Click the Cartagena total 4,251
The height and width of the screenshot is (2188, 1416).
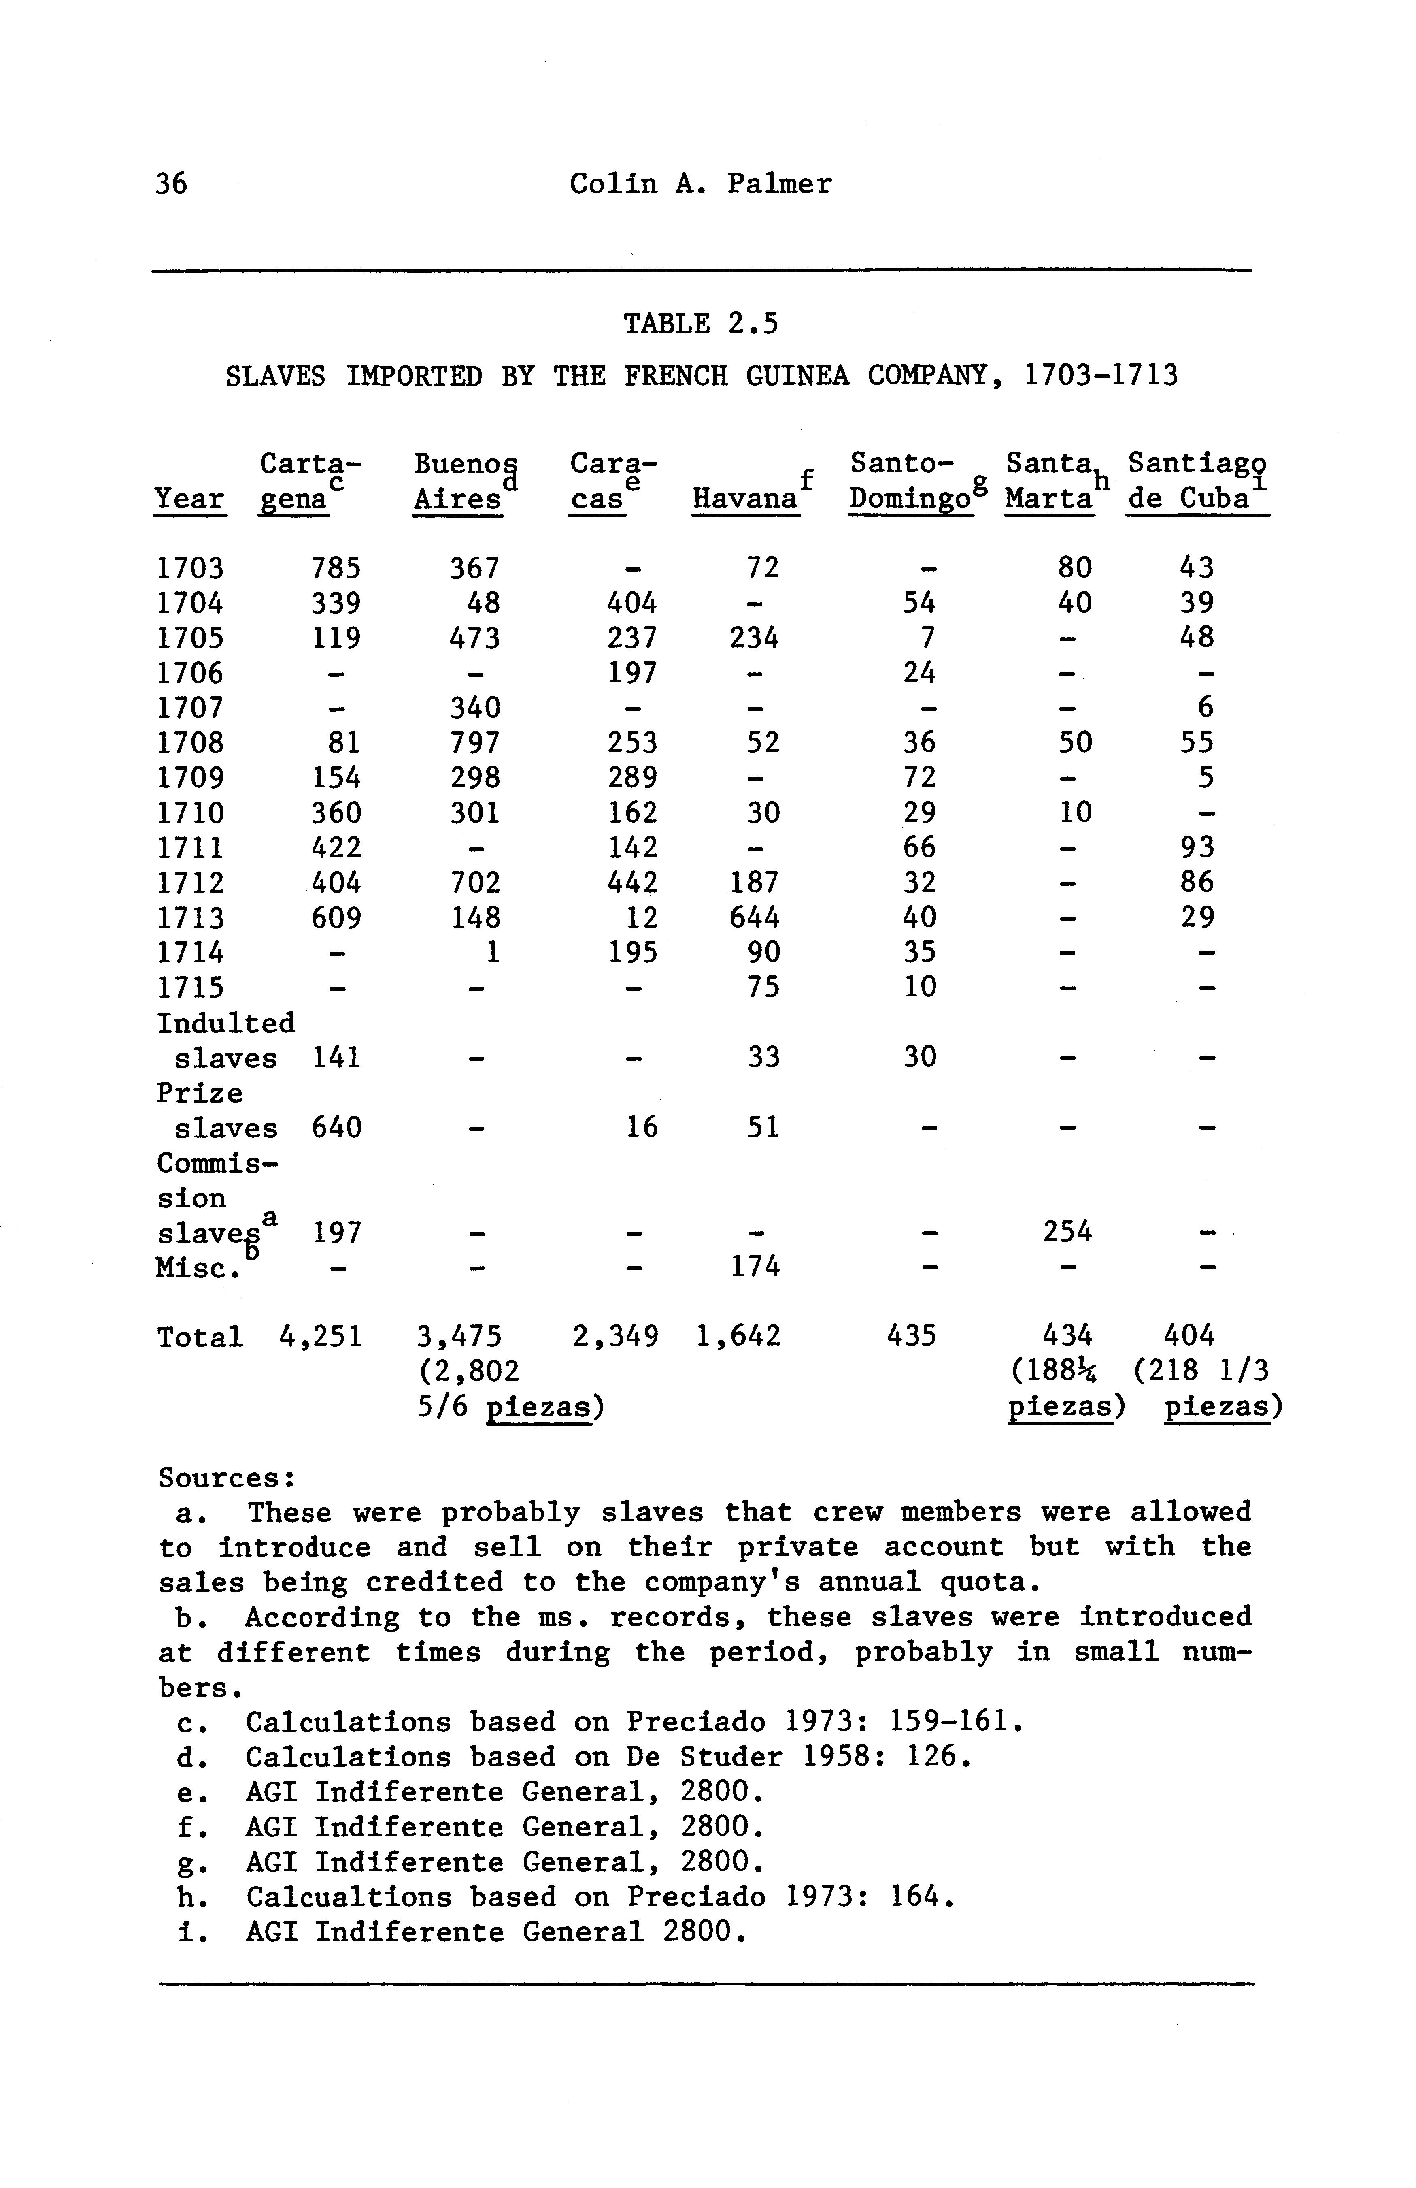321,1336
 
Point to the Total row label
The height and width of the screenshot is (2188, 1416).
200,1336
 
